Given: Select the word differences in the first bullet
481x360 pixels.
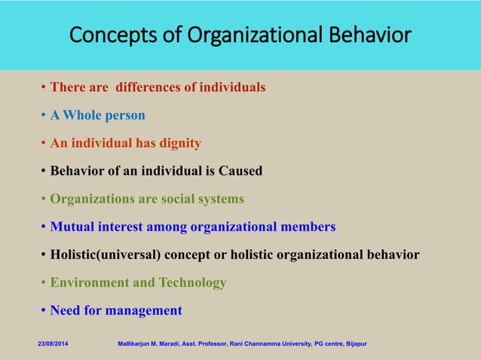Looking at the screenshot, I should click(x=150, y=87).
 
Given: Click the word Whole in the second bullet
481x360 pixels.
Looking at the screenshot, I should click(x=84, y=115).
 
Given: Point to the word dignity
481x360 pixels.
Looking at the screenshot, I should click(x=179, y=143).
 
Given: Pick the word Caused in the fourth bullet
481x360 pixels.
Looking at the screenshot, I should click(x=240, y=171).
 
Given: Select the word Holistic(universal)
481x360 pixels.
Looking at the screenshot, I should click(x=104, y=255).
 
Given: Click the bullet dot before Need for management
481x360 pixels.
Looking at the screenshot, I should click(x=44, y=310).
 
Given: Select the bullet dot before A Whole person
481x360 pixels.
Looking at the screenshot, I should click(x=44, y=115).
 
